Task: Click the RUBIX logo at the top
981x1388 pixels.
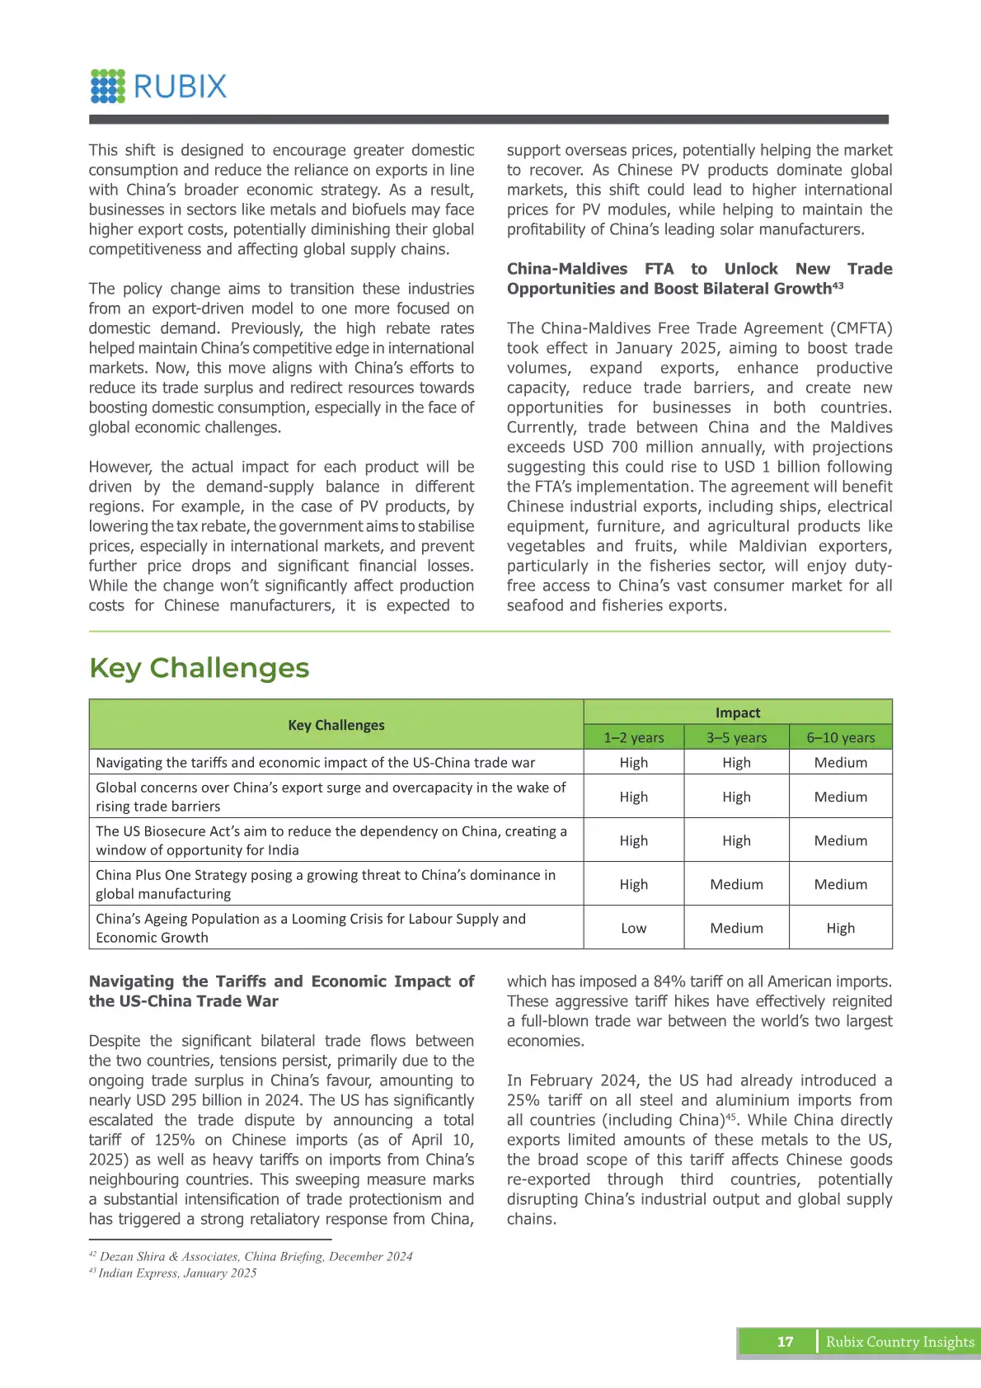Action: point(159,86)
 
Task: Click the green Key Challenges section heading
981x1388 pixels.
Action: point(199,667)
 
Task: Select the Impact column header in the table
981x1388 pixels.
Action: point(738,713)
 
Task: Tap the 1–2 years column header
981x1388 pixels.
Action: point(633,737)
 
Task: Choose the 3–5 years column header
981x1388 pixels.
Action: point(736,737)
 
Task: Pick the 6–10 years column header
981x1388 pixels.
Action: point(841,737)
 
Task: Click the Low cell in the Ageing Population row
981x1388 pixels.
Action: point(633,928)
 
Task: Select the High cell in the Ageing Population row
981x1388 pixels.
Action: point(841,928)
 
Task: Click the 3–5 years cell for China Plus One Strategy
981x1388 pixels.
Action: point(736,884)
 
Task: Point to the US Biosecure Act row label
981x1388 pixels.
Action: point(331,840)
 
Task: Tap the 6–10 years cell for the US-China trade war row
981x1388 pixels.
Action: point(841,763)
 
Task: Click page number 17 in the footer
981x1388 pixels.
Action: point(785,1342)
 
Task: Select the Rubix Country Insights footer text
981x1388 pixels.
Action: point(899,1342)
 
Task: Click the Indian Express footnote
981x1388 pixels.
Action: point(177,1273)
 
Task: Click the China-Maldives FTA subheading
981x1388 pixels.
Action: point(699,279)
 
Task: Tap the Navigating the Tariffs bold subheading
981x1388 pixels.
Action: point(281,991)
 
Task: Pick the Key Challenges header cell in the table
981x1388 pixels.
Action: point(336,725)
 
